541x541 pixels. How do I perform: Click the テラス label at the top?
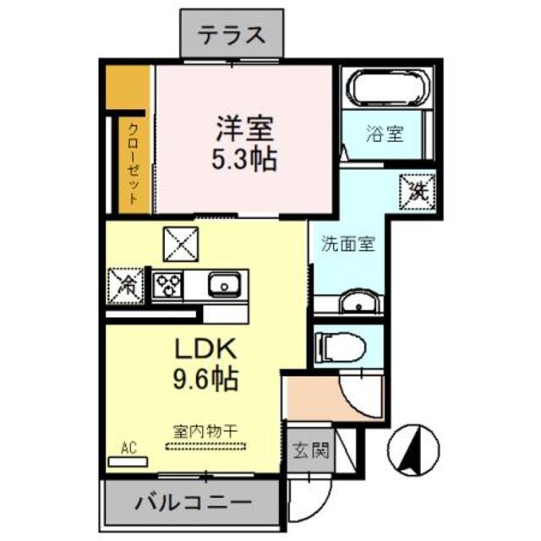tap(232, 36)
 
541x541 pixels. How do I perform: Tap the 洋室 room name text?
tap(243, 130)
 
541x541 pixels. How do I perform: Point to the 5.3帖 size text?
tap(243, 161)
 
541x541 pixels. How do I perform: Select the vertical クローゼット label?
tap(134, 165)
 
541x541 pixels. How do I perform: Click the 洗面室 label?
tap(347, 245)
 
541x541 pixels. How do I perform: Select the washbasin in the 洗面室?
tap(357, 303)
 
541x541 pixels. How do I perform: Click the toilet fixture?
tap(341, 344)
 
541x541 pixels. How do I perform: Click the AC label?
tap(128, 447)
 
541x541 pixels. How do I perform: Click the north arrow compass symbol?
tap(417, 448)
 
